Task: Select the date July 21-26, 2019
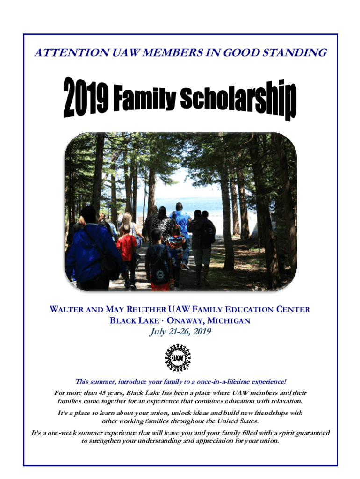click(180, 332)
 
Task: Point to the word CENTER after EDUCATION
click(290, 310)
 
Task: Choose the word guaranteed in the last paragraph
click(311, 433)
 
